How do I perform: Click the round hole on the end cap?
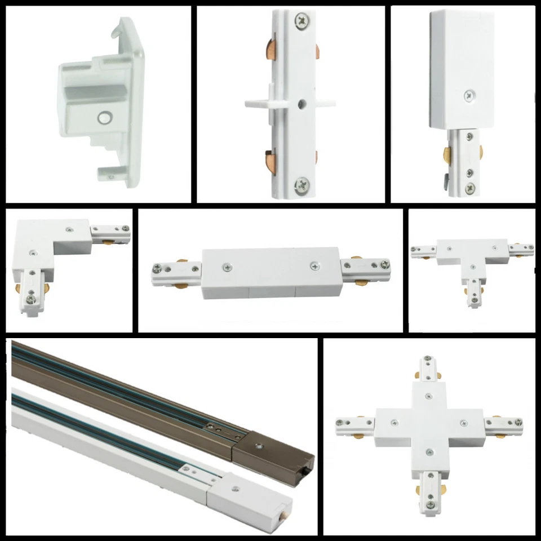tap(104, 117)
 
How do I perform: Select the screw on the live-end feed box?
tap(468, 97)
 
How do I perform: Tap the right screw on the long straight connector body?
tap(314, 263)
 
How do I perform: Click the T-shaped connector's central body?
tap(471, 254)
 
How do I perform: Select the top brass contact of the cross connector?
tap(417, 373)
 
